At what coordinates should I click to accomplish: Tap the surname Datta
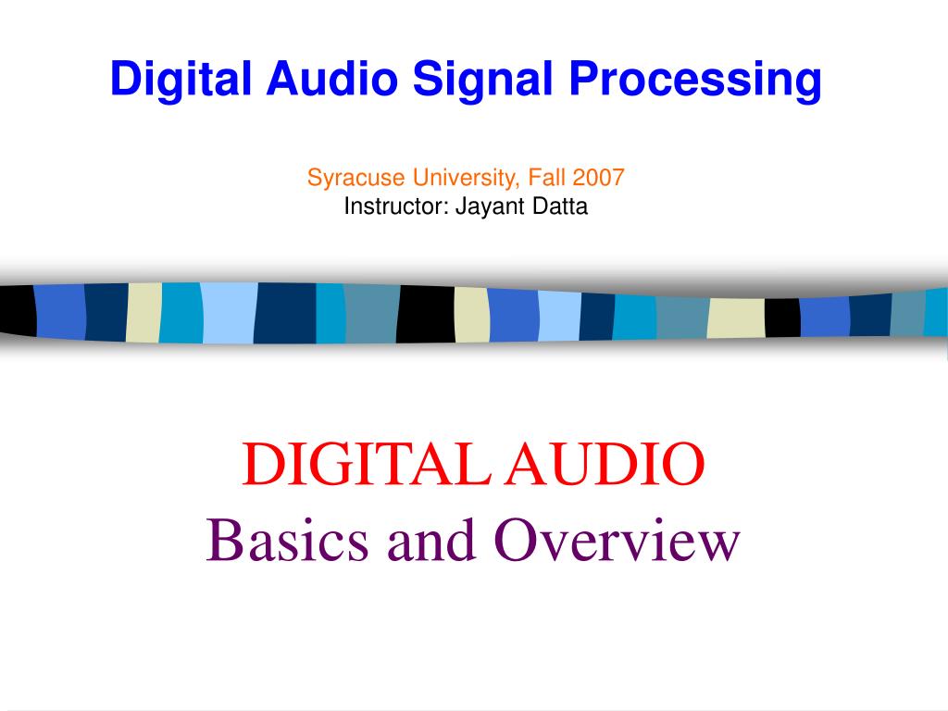[x=559, y=206]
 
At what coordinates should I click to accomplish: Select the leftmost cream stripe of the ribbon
[x=143, y=313]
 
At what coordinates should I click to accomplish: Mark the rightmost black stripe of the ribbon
[x=782, y=318]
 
